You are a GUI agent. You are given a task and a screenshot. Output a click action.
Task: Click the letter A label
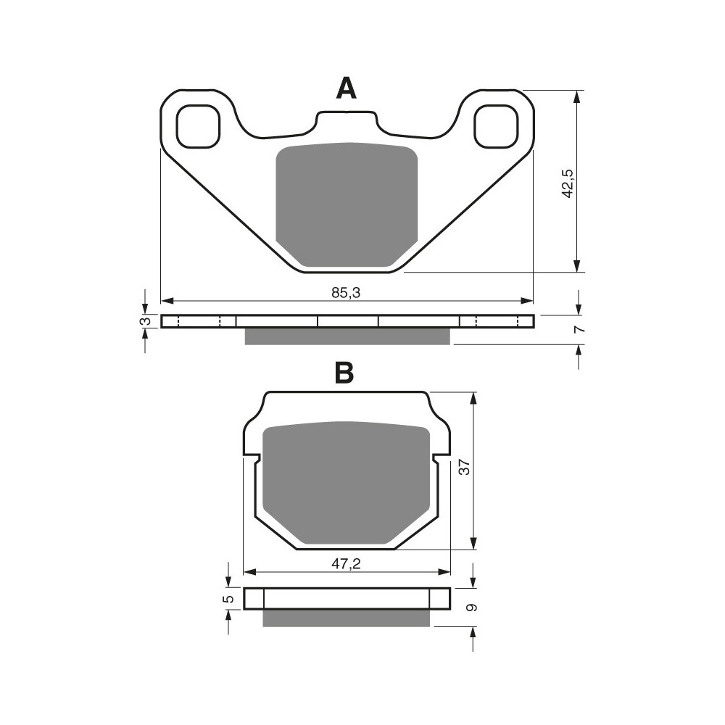point(347,88)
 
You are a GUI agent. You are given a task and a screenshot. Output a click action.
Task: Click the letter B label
point(344,373)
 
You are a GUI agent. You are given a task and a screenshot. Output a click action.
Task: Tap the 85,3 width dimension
point(346,293)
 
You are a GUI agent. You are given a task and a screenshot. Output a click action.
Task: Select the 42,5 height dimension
point(568,183)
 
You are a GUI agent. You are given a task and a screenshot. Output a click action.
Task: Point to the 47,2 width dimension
point(347,563)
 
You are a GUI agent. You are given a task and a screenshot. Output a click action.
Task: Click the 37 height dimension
point(464,467)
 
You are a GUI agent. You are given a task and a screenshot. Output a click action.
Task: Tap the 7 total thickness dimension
point(579,329)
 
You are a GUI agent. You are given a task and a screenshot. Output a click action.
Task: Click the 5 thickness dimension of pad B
point(228,600)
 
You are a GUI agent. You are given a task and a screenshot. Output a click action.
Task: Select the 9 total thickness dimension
point(472,608)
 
